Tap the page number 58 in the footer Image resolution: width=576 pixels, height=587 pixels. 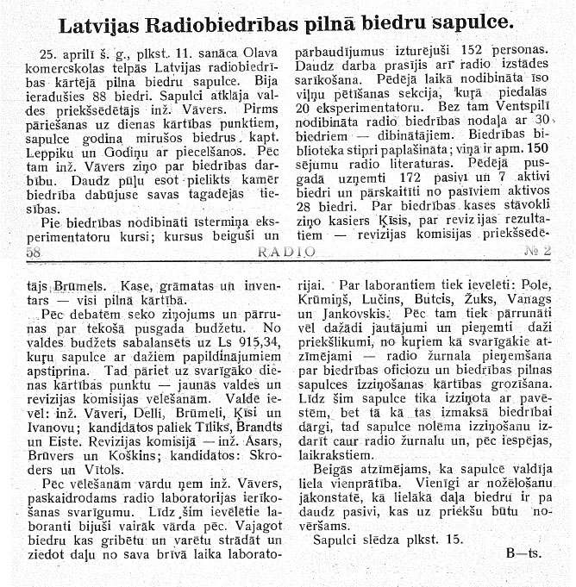pyautogui.click(x=34, y=252)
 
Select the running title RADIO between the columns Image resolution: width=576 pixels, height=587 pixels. pyautogui.click(x=286, y=252)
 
